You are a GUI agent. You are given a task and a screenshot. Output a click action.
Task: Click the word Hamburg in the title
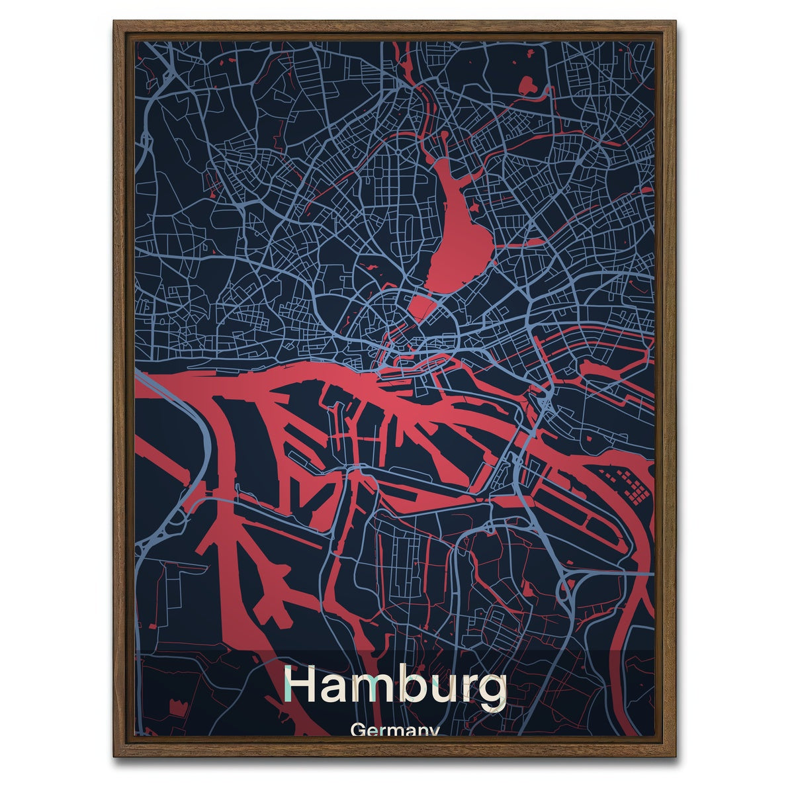click(x=395, y=686)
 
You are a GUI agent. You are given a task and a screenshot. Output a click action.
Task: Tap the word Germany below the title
click(x=396, y=731)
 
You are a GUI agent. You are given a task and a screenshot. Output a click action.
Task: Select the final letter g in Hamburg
click(x=492, y=691)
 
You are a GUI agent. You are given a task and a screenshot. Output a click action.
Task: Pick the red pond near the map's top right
click(x=529, y=85)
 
